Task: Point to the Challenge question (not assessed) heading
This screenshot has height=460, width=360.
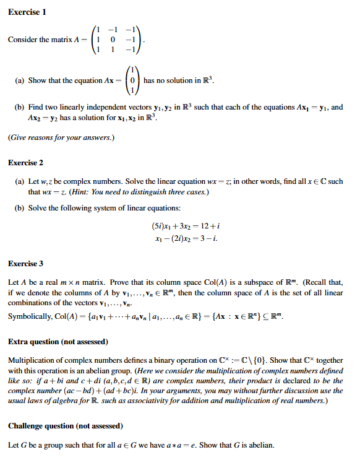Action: pos(66,426)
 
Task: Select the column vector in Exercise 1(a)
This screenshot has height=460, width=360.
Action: pos(132,80)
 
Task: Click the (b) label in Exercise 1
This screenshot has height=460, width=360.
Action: pos(19,107)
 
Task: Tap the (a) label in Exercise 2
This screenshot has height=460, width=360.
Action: pos(19,181)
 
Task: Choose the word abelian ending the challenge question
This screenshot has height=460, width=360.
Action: pos(260,445)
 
